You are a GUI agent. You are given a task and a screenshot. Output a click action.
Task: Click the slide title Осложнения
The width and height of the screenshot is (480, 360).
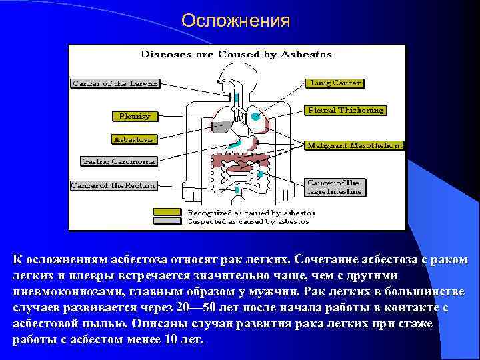coord(236,21)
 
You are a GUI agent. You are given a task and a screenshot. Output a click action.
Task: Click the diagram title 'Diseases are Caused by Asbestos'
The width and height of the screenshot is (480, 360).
coord(235,54)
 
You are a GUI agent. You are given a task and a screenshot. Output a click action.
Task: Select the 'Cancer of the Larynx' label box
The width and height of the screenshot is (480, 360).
coord(115,84)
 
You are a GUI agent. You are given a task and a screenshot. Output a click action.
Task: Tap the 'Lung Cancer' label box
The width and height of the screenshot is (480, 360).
coord(335,83)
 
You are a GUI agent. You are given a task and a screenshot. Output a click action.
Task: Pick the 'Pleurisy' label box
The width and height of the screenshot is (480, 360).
coord(135,116)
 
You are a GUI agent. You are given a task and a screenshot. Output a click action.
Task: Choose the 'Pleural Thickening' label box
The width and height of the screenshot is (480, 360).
coord(345,110)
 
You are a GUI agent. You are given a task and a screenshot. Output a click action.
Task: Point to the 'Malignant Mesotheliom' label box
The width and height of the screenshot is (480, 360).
coord(354,145)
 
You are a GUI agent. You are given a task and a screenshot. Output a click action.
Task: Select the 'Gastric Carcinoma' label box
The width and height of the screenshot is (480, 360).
coord(118,161)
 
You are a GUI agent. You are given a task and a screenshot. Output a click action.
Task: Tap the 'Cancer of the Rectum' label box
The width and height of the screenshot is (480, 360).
coord(114,185)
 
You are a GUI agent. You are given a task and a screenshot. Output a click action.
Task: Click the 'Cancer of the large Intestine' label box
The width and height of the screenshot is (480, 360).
coord(334,187)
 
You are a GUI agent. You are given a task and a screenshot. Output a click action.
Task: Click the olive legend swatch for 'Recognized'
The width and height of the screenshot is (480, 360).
coord(167,213)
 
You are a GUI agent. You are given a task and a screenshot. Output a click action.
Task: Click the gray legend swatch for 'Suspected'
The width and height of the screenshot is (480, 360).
coord(167,221)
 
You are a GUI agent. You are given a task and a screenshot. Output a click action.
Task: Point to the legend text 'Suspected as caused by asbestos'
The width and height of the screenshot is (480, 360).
coord(248,221)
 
